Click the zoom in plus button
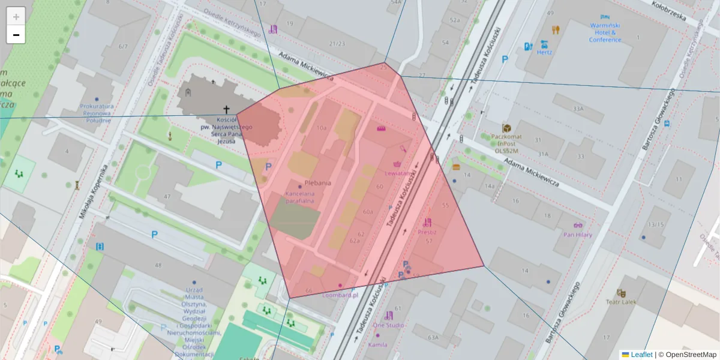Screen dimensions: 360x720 click(x=16, y=17)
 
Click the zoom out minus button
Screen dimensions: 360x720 click(x=16, y=35)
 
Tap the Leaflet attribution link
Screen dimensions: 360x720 click(x=641, y=355)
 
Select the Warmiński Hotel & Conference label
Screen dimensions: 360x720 click(x=605, y=32)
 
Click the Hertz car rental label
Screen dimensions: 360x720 click(x=544, y=52)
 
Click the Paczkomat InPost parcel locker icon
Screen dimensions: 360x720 click(x=507, y=128)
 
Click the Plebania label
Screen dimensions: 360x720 click(x=318, y=183)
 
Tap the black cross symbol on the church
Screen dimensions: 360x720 click(x=227, y=109)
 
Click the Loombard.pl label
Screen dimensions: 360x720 click(x=340, y=295)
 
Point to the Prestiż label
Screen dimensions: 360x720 click(x=427, y=232)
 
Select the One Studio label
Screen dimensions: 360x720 click(x=388, y=325)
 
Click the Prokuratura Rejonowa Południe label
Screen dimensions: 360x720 click(x=97, y=113)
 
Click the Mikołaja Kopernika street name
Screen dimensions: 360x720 click(x=93, y=192)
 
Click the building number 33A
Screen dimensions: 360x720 click(x=578, y=109)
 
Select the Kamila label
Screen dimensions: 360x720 click(x=377, y=345)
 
